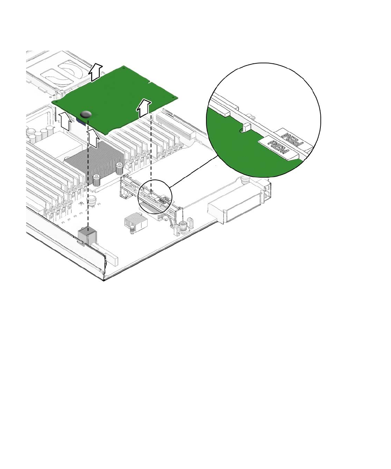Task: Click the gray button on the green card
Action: (85, 114)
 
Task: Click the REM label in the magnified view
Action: (278, 148)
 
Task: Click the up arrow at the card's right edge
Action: (144, 107)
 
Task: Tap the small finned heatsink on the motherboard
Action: (135, 221)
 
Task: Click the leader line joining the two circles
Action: (194, 172)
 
